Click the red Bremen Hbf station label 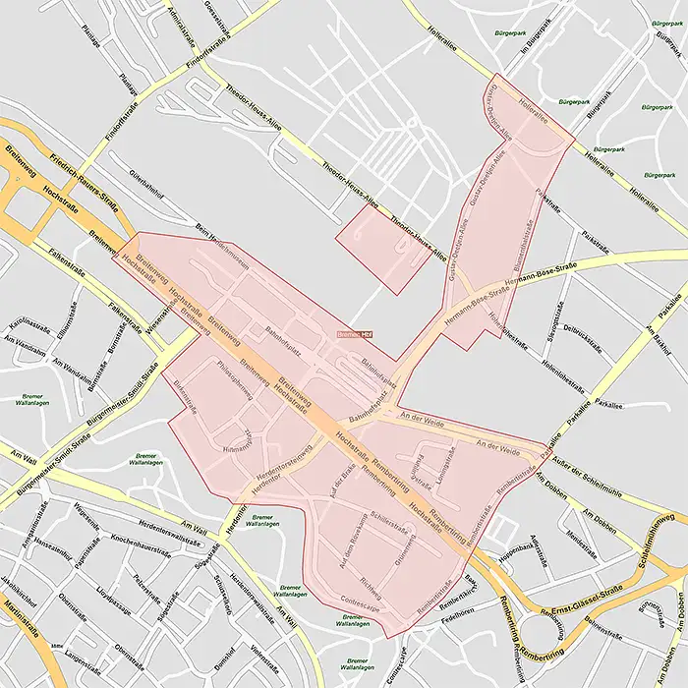click(x=356, y=335)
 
